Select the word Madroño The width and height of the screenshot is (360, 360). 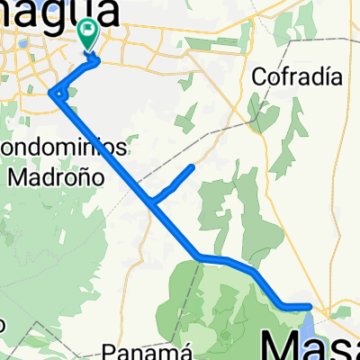point(56,176)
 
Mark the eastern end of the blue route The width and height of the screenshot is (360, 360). point(310,306)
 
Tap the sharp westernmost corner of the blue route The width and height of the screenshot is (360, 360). point(54,93)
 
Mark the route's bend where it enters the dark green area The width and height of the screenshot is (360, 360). point(199,258)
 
